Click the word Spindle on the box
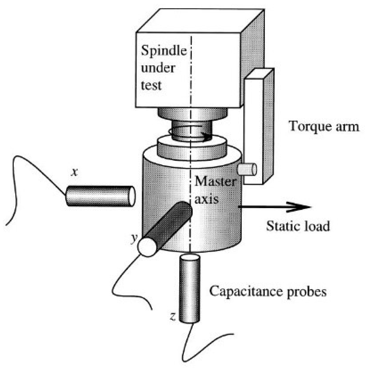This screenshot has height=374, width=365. [164, 51]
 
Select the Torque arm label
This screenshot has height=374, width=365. [324, 126]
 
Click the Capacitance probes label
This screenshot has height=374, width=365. [268, 291]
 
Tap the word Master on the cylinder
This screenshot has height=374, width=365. [215, 181]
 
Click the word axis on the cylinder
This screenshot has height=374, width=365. [206, 198]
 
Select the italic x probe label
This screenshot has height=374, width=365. [74, 173]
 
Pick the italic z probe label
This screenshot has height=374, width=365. [173, 316]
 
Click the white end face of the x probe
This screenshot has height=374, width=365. [132, 196]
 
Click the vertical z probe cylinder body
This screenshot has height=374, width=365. [189, 288]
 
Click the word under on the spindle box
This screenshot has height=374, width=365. [158, 68]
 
